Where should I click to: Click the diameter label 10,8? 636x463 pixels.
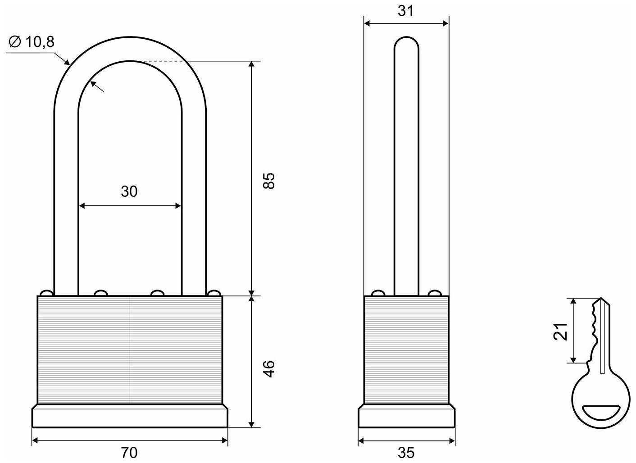point(39,42)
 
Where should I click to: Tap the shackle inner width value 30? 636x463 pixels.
point(129,192)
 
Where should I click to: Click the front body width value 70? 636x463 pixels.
point(129,452)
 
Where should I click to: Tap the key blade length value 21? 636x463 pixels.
point(559,332)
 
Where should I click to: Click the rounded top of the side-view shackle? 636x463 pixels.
point(406,43)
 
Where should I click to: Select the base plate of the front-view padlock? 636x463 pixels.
point(130,417)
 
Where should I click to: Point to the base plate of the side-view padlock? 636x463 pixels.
point(406,417)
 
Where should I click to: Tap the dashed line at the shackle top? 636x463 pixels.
point(162,61)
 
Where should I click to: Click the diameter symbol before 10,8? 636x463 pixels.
point(14,42)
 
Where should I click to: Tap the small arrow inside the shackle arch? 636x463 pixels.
point(97,87)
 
